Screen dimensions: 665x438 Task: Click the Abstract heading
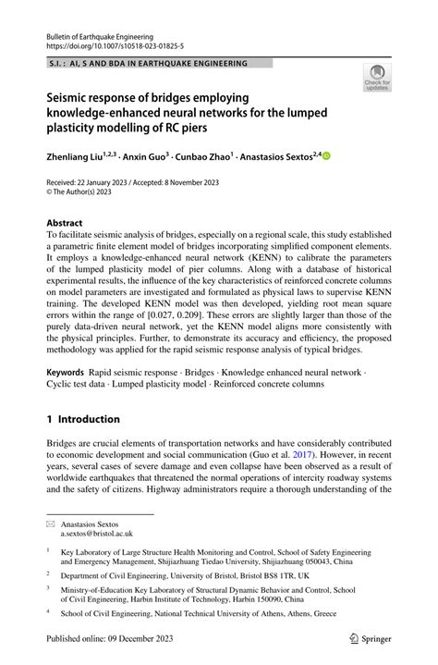coord(65,223)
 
